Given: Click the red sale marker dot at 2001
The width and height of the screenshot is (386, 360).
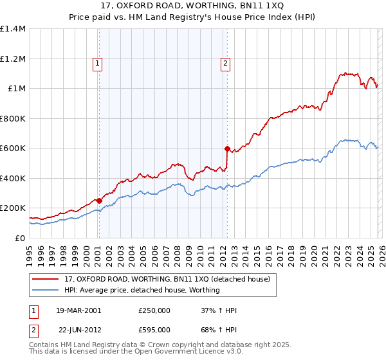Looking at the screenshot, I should [99, 200].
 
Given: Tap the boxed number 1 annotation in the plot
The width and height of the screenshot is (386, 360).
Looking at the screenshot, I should [97, 63].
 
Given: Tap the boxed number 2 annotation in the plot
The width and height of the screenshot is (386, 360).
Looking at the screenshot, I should [226, 63].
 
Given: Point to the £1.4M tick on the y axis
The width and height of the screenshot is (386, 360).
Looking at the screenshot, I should [13, 29].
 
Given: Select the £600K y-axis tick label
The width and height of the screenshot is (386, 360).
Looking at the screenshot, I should [13, 148].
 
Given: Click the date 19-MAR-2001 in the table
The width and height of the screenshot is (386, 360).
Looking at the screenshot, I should [79, 310].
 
